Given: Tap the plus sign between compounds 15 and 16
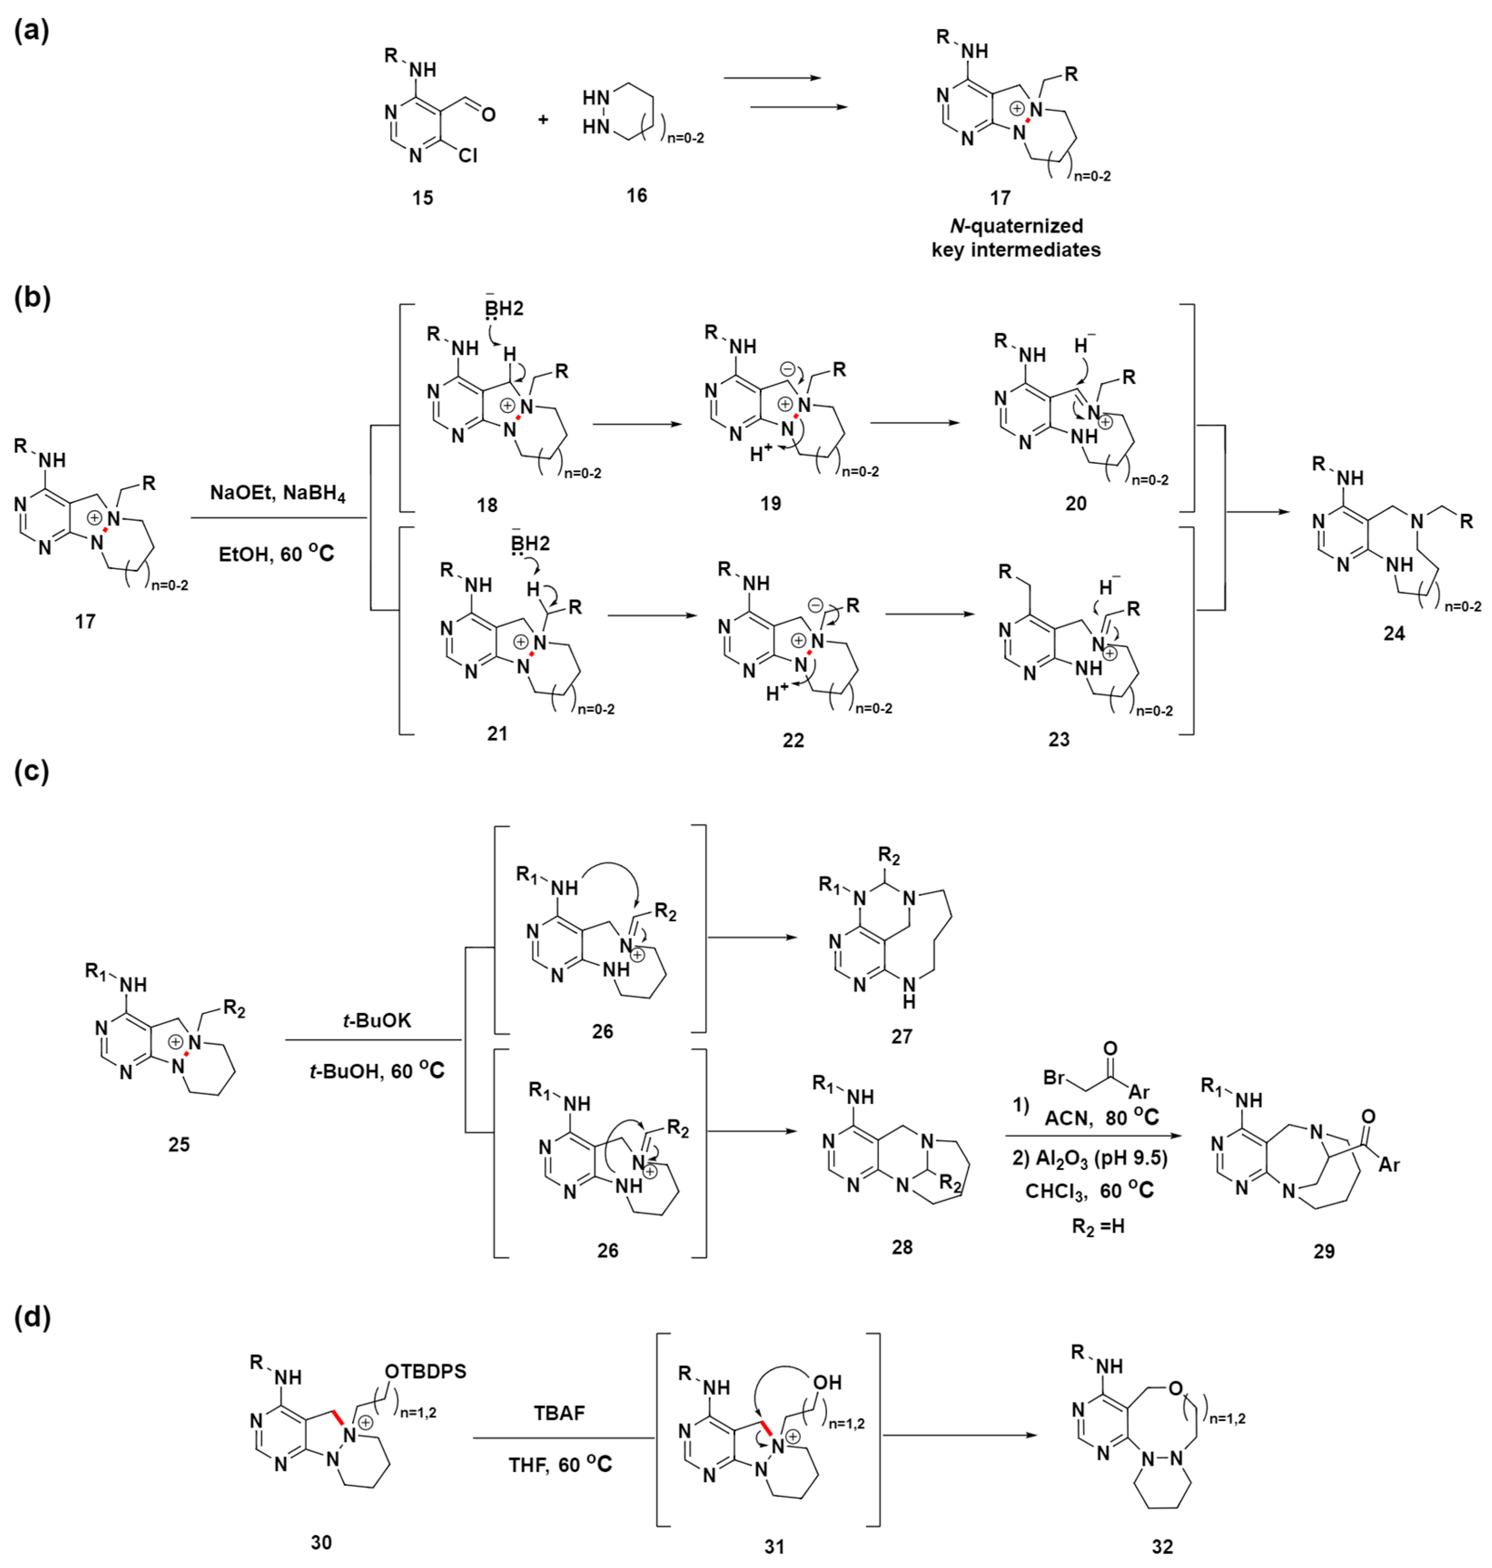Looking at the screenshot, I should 543,119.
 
